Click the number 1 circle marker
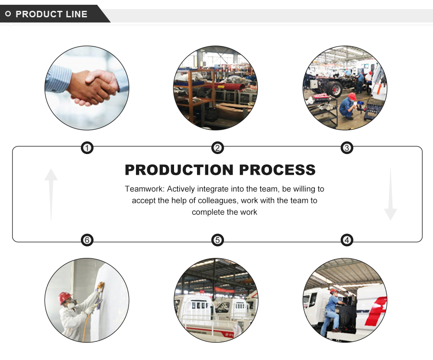pos(87,148)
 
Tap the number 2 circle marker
pos(217,148)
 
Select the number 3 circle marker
pos(347,148)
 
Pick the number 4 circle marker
pos(347,240)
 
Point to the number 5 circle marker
pos(217,240)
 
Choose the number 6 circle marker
pos(87,240)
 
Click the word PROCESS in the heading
pos(278,170)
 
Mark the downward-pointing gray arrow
pos(390,195)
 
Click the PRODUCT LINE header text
pos(52,14)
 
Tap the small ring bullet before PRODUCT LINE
pos(8,14)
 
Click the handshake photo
pos(87,88)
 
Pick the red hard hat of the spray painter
pos(65,297)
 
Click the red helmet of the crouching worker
pos(352,96)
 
